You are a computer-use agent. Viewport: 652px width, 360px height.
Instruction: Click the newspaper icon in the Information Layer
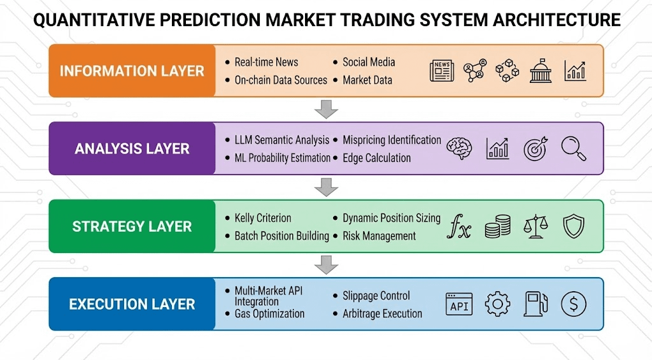click(x=442, y=71)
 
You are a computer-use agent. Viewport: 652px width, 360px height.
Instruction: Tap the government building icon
click(x=541, y=71)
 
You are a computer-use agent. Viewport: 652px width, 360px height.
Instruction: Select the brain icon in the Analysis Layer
click(x=460, y=148)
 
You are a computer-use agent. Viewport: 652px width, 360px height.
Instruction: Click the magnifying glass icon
click(x=573, y=148)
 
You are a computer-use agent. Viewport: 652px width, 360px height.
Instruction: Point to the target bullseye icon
click(x=535, y=148)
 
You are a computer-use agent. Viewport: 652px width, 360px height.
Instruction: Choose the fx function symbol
click(x=458, y=227)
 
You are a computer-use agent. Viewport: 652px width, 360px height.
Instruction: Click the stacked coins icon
click(x=497, y=227)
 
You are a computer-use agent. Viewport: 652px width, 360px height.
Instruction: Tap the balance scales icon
click(x=535, y=227)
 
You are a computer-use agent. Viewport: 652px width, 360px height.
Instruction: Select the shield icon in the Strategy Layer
click(x=573, y=226)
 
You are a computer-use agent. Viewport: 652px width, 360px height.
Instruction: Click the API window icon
click(x=459, y=305)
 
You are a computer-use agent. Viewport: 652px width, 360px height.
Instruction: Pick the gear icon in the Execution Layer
click(x=497, y=305)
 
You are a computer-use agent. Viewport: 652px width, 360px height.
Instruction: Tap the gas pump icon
click(x=535, y=305)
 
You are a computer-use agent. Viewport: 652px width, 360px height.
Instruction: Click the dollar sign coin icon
click(x=573, y=305)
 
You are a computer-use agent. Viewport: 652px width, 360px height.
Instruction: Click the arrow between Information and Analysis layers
click(x=326, y=109)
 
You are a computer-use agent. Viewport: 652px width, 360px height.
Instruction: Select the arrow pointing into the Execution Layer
click(x=326, y=264)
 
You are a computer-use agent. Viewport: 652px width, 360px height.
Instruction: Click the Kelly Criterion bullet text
click(x=262, y=218)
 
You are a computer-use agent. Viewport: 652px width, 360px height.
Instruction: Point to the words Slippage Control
click(x=376, y=296)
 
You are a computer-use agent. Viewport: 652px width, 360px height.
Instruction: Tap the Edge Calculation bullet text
click(x=376, y=158)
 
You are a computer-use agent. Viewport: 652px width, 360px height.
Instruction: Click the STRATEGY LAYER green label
click(x=132, y=227)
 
